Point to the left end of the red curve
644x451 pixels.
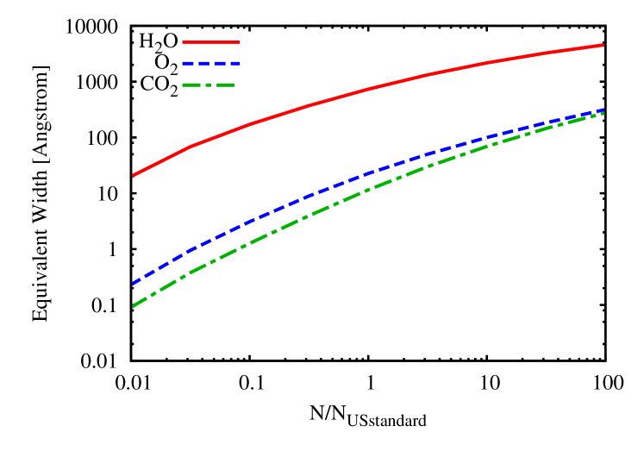point(133,175)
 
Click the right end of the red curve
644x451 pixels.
point(603,44)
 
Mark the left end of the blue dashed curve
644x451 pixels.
point(133,283)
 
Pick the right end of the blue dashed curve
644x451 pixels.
point(603,110)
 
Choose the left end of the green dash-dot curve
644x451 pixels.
point(133,306)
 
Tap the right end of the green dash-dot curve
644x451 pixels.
point(603,113)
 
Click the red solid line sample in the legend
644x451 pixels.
point(211,41)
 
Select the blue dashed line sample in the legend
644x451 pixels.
point(211,63)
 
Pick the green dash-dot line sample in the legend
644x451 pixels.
point(208,85)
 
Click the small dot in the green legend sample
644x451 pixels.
point(208,85)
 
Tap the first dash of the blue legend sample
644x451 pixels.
point(187,63)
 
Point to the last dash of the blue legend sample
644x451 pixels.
point(234,63)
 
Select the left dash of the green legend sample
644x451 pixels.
point(191,85)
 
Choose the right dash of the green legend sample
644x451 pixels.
point(224,85)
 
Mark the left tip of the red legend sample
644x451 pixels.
point(183,41)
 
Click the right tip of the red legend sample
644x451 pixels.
point(240,41)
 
